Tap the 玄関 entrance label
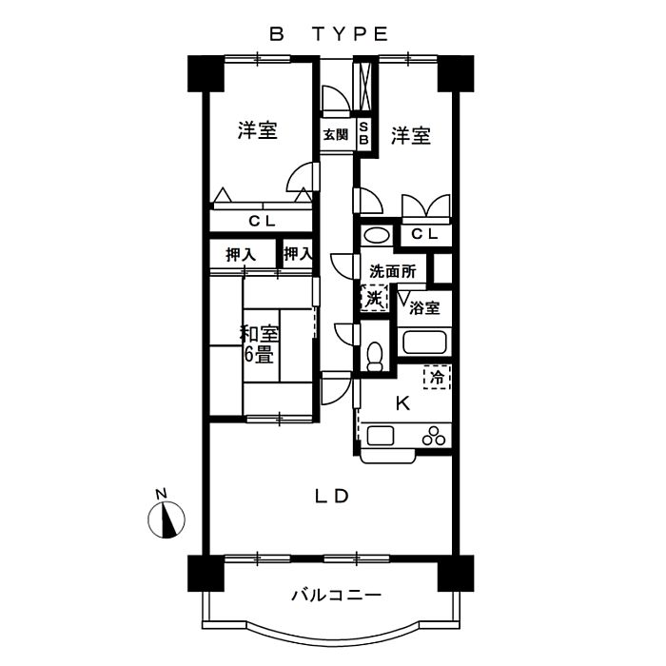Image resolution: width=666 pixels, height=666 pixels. tap(335, 135)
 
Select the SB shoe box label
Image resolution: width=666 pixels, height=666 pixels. tap(362, 134)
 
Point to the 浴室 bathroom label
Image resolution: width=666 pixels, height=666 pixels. tap(424, 307)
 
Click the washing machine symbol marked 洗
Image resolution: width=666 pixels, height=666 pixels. tap(374, 298)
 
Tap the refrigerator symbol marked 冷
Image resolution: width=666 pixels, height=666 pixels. tap(437, 377)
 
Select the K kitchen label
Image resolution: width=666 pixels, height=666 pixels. tap(402, 403)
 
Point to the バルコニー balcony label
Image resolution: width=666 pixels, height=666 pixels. tap(336, 597)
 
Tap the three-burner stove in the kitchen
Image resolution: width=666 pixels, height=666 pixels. tap(434, 438)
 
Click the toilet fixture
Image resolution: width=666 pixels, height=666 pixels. tap(374, 353)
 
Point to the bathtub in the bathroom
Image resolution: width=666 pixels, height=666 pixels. tap(425, 343)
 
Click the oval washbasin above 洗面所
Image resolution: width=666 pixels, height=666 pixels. tap(376, 235)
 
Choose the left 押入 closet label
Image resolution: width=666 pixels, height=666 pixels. tap(241, 254)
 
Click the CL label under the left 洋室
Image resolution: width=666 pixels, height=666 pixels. tap(263, 222)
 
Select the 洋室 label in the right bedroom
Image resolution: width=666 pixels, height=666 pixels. tap(411, 136)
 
